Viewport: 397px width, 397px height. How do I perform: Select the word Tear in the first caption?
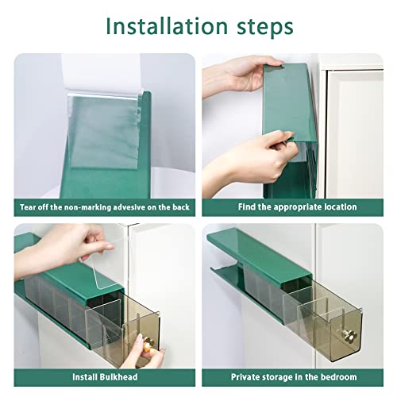(29, 207)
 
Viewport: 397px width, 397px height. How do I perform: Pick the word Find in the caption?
(249, 207)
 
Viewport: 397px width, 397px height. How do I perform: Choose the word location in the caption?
(339, 207)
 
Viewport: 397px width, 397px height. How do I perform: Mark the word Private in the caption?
(245, 376)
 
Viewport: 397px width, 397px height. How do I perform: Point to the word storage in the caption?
(281, 376)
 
